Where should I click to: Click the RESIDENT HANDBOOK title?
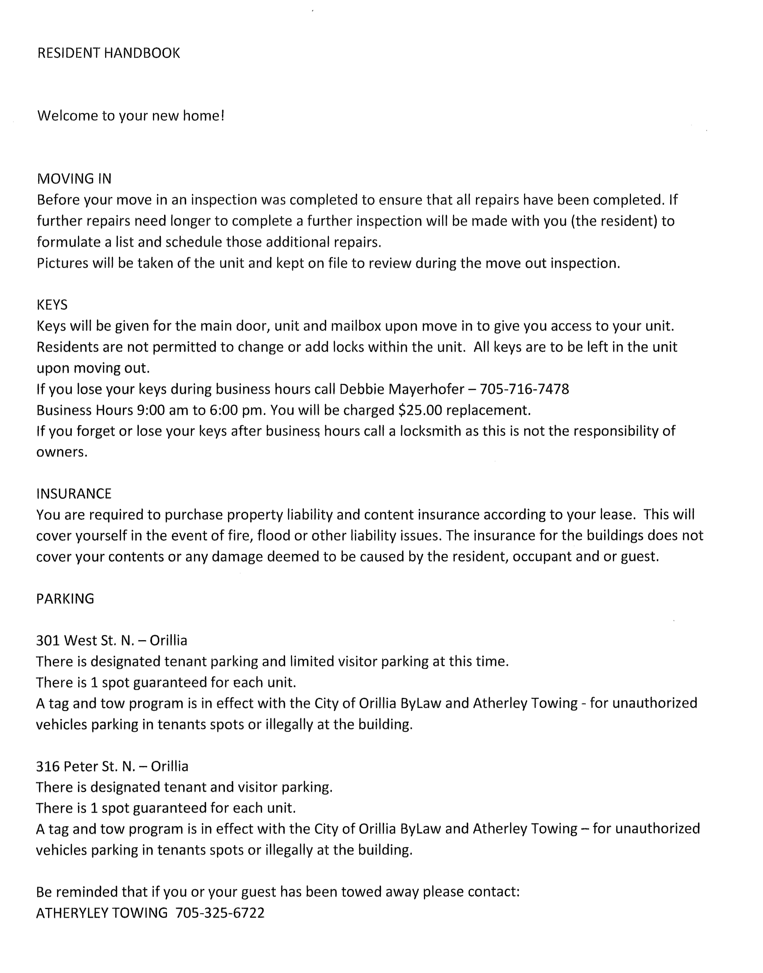(x=109, y=53)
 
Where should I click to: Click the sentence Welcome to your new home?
(x=130, y=116)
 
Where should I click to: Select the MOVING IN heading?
(x=74, y=179)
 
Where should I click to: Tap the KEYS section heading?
(x=52, y=305)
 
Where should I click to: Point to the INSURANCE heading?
(x=74, y=494)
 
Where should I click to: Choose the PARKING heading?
(x=65, y=599)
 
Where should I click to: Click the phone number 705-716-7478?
(x=524, y=389)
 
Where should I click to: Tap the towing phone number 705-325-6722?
(x=220, y=913)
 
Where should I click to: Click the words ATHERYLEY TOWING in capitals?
(x=102, y=913)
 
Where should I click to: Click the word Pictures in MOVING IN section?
(x=63, y=263)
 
